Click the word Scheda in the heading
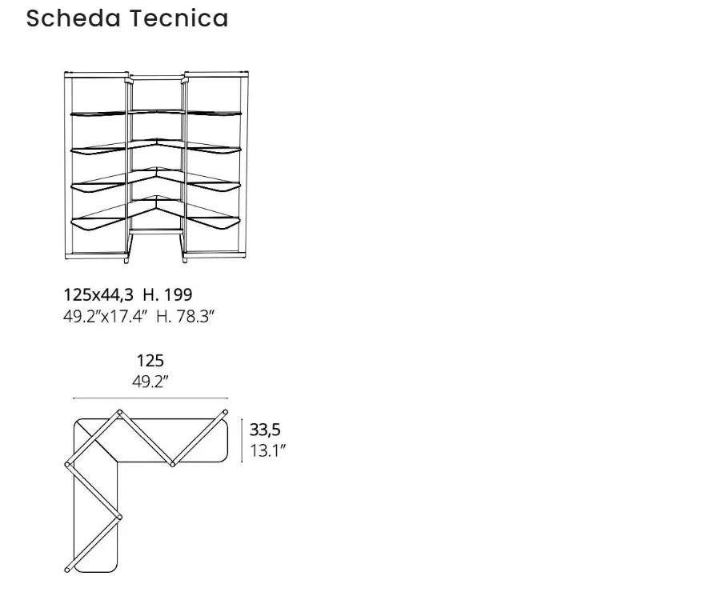point(74,18)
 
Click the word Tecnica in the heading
point(179,18)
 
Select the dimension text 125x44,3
point(98,295)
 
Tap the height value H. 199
point(167,294)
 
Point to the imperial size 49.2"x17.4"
point(106,316)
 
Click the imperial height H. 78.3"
point(185,316)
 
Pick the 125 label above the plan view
point(150,361)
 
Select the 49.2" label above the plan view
point(150,382)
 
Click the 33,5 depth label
point(265,430)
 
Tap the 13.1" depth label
point(267,450)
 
